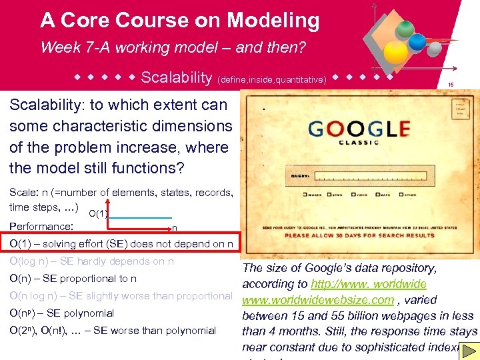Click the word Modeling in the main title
(x=273, y=21)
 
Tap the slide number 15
(x=451, y=85)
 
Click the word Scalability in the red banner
(x=176, y=78)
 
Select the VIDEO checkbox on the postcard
(x=355, y=195)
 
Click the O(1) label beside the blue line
(x=98, y=213)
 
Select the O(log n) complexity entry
(x=91, y=261)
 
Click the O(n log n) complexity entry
(x=121, y=296)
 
